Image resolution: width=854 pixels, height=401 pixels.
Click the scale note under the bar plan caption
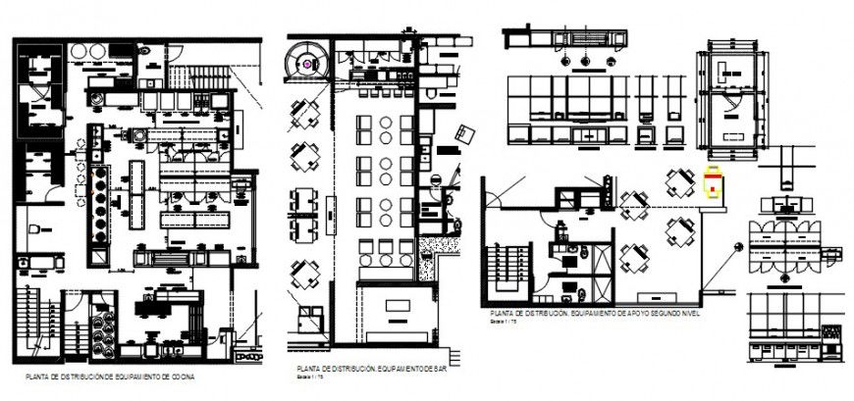295,375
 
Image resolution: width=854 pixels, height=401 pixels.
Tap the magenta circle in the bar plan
307,63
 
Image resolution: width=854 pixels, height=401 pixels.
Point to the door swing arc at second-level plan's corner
496,193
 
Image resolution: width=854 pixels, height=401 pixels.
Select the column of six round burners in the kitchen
99,207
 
